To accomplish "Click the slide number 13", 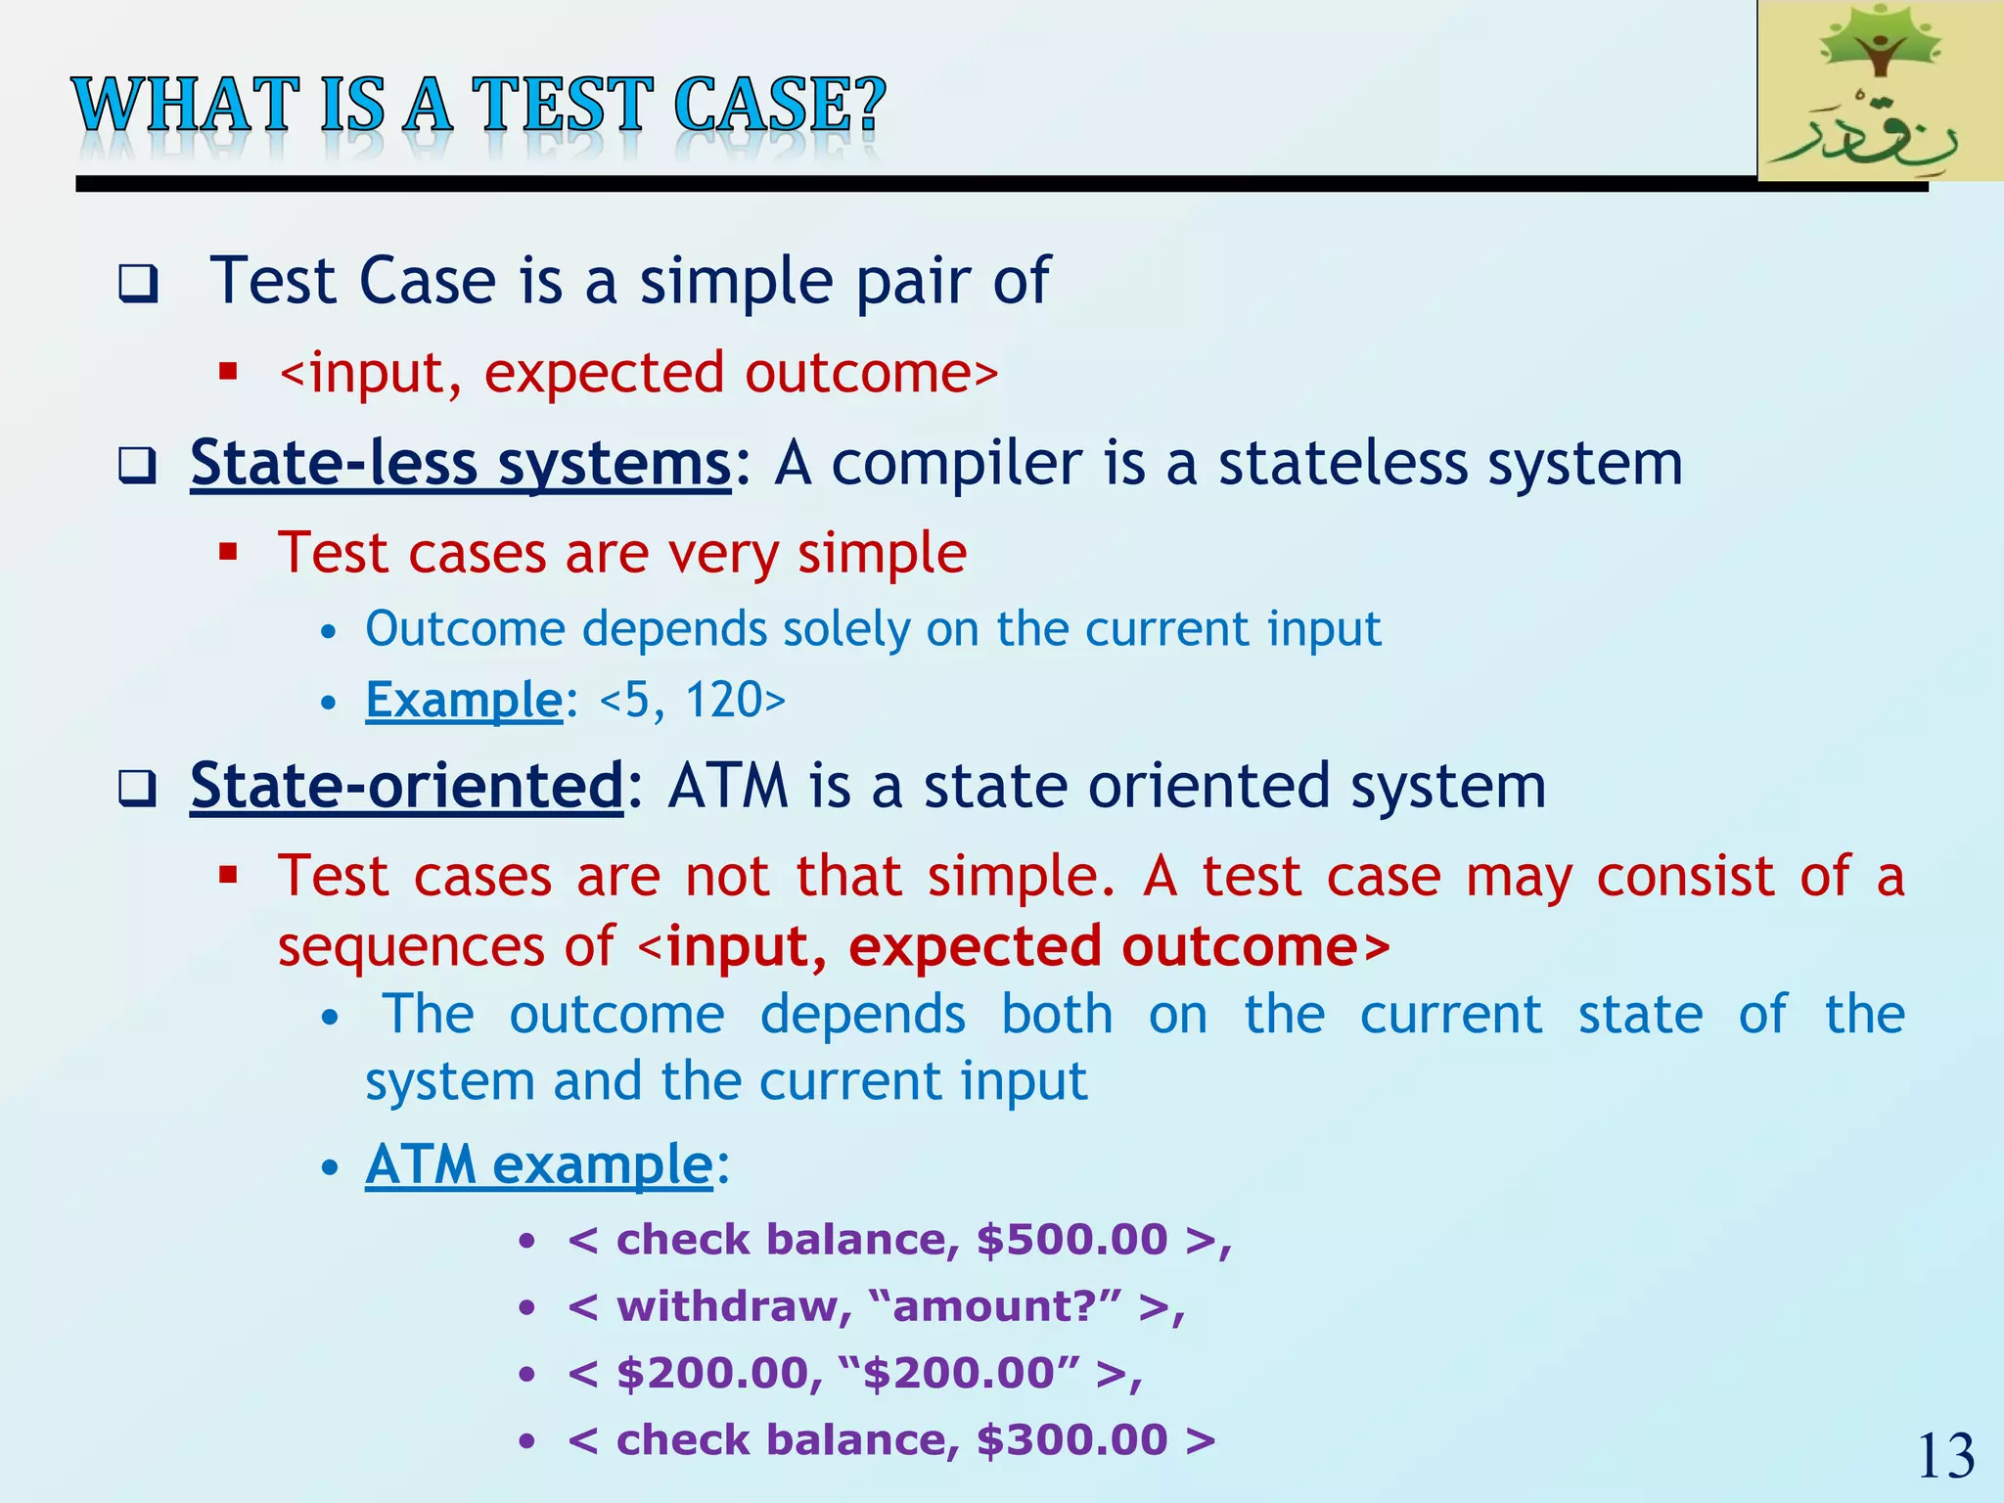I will click(1945, 1457).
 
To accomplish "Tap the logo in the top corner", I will click(1880, 91).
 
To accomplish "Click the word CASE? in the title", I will click(779, 106).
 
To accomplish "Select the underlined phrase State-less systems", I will click(460, 463).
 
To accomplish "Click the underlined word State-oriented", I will click(406, 786).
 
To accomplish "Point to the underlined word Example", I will click(464, 700).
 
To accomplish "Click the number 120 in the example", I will click(724, 700).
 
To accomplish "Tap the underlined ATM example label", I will click(538, 1164).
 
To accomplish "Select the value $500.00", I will click(1071, 1240).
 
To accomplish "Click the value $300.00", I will click(1071, 1440).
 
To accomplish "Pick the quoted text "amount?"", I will click(994, 1306).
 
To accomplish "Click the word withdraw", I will click(728, 1307).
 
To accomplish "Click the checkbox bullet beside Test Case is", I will click(138, 285).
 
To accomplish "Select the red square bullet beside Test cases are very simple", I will click(229, 553).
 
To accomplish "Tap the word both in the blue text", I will click(1057, 1014).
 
